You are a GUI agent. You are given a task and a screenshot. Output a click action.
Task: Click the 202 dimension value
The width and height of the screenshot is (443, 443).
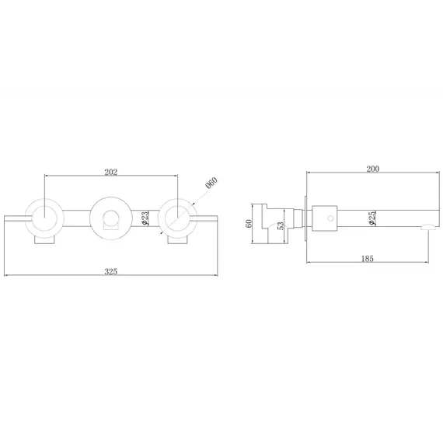(110, 172)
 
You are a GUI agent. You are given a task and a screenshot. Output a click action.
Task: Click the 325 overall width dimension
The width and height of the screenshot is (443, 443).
(110, 271)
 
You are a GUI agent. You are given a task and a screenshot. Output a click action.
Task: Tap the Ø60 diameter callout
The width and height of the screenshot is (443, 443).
(211, 183)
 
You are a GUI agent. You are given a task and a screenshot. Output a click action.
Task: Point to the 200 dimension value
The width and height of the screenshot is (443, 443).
(373, 169)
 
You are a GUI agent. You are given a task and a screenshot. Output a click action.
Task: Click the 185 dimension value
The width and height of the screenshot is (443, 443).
(368, 258)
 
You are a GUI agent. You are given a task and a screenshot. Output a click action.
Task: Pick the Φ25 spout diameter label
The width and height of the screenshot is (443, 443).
(371, 218)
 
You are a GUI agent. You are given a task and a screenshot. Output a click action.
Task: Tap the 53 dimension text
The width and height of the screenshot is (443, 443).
(281, 225)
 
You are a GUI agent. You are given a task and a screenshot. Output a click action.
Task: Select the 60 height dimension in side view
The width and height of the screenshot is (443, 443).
(249, 224)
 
